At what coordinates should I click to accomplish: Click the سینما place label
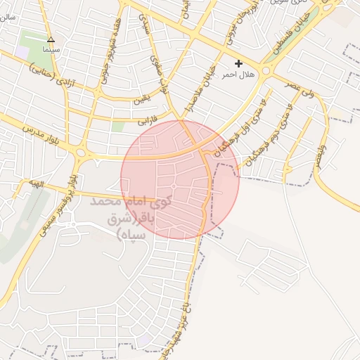click(x=50, y=51)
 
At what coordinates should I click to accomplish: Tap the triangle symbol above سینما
click(x=50, y=40)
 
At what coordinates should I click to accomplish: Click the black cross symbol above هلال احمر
click(x=238, y=63)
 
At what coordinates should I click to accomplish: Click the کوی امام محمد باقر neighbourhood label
click(x=134, y=218)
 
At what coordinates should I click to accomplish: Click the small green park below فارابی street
click(x=117, y=126)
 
